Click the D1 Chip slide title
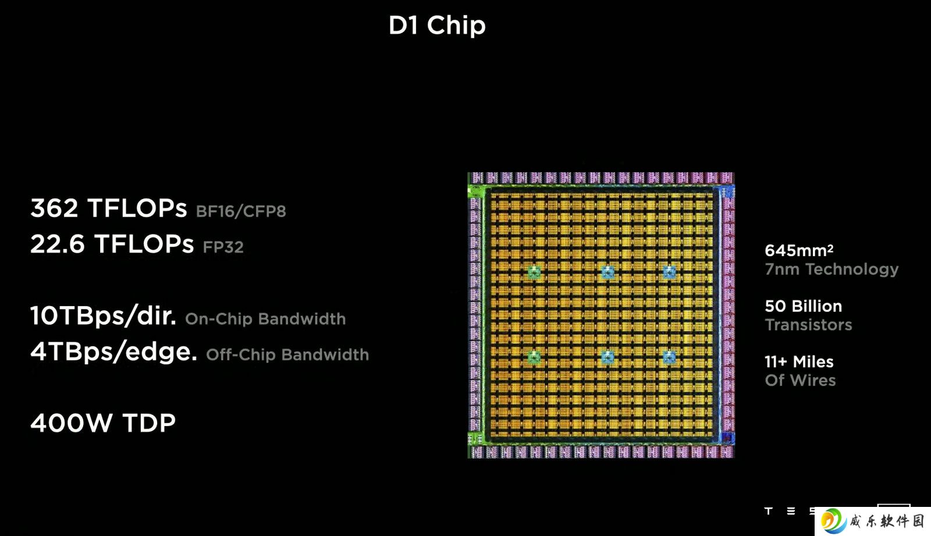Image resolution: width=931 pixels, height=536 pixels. tap(437, 26)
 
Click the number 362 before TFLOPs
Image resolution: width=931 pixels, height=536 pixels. tap(54, 208)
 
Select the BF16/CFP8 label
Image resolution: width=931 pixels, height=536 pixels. tap(241, 211)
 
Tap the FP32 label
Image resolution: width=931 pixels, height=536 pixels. tap(223, 247)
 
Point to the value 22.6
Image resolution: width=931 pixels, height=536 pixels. tap(57, 244)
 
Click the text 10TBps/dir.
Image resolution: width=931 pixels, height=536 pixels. tap(103, 315)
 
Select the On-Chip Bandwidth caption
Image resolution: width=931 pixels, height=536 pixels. tap(265, 319)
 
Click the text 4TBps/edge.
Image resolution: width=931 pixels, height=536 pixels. tap(113, 352)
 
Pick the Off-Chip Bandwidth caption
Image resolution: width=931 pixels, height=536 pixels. tap(287, 354)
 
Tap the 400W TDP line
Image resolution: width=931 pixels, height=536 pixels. tap(103, 423)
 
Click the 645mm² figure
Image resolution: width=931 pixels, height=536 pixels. tap(799, 250)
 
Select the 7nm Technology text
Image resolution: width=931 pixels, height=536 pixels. tap(831, 269)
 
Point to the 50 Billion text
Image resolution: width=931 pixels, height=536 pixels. tap(804, 307)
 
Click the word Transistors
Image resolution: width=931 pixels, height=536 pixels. tap(808, 325)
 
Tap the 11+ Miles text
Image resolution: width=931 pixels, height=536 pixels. tap(799, 362)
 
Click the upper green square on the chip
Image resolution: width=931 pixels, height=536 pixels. tap(534, 272)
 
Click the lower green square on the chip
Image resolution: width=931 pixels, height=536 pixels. tap(534, 357)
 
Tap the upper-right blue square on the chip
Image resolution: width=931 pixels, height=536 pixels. tap(669, 272)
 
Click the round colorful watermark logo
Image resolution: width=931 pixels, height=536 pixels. tap(834, 521)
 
